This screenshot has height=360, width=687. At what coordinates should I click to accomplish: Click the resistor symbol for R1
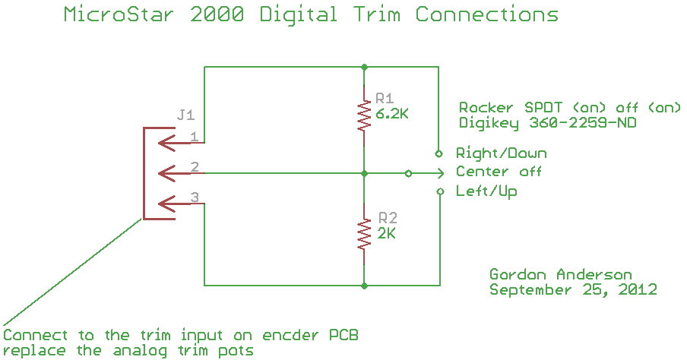[365, 114]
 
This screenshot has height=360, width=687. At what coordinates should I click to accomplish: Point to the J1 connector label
[185, 115]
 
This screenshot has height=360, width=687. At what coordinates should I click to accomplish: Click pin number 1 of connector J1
[195, 137]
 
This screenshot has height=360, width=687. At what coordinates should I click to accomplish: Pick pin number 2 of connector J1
[195, 166]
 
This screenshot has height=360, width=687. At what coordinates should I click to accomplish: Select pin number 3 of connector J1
[195, 197]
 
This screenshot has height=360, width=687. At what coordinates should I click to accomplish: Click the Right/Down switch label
[501, 153]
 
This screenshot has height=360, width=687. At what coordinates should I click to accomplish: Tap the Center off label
[499, 172]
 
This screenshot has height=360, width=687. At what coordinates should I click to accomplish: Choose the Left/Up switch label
[486, 191]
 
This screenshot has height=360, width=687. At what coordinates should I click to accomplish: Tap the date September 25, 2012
[573, 289]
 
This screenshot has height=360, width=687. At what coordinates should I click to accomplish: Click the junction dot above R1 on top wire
[365, 67]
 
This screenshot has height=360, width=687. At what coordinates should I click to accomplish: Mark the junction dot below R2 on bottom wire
[365, 286]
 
